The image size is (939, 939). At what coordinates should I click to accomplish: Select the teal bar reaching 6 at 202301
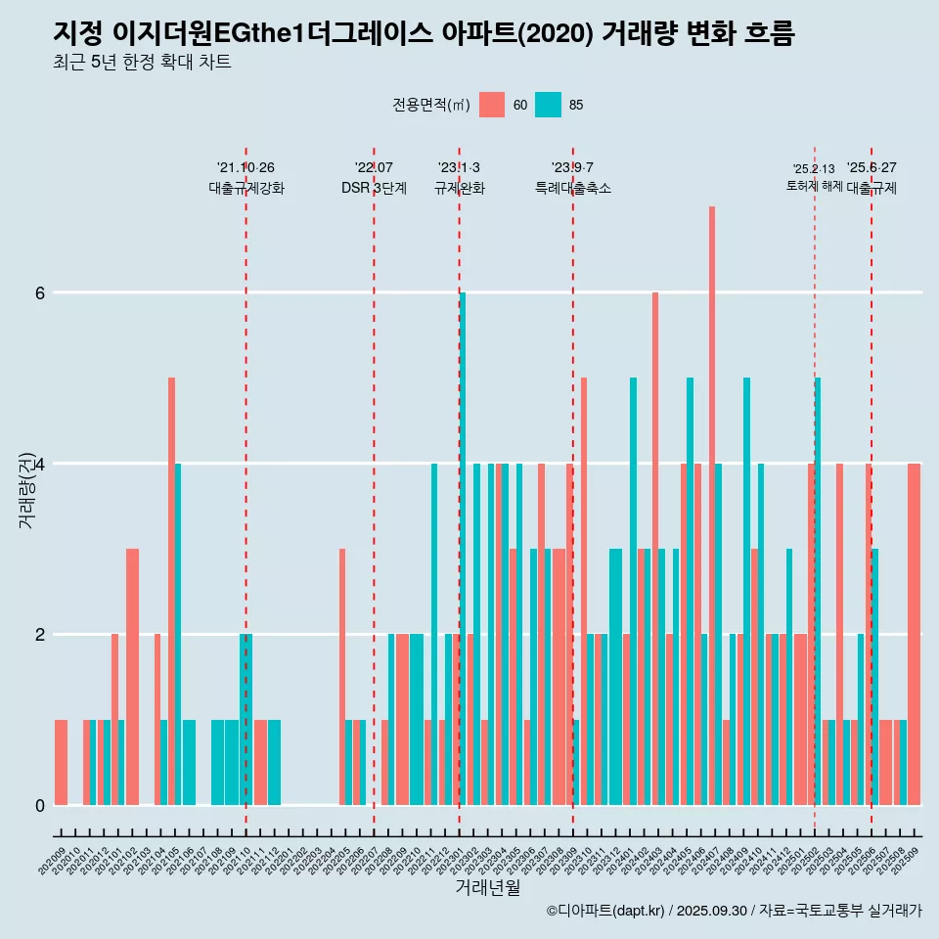click(x=463, y=548)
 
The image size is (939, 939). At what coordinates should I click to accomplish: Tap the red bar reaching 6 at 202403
click(x=655, y=548)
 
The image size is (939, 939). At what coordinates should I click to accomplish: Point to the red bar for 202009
click(x=62, y=762)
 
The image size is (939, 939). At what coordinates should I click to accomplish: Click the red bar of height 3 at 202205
click(x=342, y=676)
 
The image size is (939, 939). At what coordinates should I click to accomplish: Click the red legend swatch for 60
click(x=492, y=105)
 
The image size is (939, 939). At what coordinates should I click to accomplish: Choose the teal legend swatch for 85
click(x=549, y=105)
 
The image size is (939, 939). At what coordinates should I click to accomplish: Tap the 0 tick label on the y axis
click(x=39, y=805)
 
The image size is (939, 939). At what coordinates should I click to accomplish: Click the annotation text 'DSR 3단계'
click(x=374, y=188)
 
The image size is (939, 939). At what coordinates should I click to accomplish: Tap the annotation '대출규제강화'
click(x=246, y=188)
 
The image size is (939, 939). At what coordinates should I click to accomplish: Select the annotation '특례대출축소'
click(x=573, y=188)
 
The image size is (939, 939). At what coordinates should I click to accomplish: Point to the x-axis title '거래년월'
click(x=487, y=888)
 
